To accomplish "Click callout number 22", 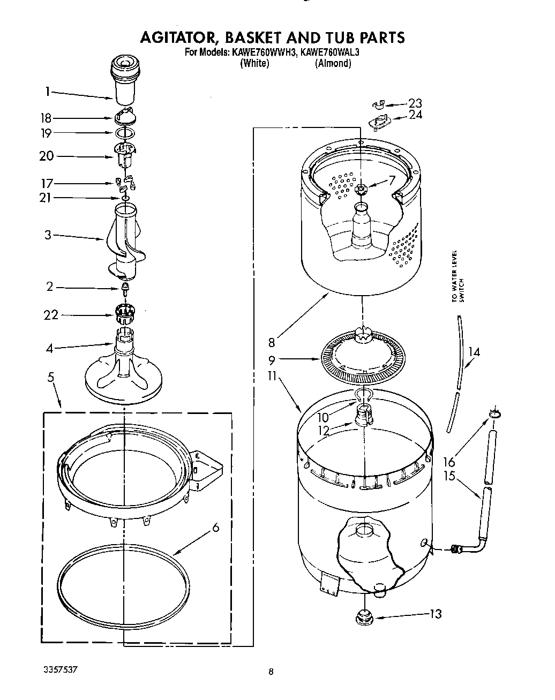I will [x=50, y=315].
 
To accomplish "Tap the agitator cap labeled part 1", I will [x=123, y=80].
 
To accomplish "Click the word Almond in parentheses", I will [x=333, y=63].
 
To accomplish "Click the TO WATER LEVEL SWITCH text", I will [x=456, y=276].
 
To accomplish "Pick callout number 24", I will [x=415, y=115].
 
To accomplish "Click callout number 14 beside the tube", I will [x=474, y=352].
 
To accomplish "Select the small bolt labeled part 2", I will [x=125, y=290].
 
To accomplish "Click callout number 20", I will [x=47, y=156].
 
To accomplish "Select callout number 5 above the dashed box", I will [x=50, y=377].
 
